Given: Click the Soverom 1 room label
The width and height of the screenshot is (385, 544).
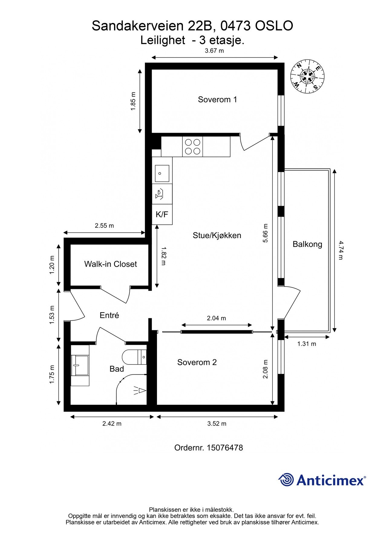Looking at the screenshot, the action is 217,99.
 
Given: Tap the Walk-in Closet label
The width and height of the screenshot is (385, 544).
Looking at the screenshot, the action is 110,264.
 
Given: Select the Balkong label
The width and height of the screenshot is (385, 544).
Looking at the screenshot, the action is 307,244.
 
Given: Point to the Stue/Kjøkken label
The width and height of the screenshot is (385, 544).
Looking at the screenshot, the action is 217,235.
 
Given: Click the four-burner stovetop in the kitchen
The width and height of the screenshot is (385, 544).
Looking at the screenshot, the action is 192,147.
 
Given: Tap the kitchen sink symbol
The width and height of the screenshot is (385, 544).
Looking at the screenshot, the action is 162,173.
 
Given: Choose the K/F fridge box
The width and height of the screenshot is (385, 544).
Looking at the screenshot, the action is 162,215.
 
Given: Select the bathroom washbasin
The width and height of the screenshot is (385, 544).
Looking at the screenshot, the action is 80,365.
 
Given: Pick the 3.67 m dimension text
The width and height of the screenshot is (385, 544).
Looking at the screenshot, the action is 214,51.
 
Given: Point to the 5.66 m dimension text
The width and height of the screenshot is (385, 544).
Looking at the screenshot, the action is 266,233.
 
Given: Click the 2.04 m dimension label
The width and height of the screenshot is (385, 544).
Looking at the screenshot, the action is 216,318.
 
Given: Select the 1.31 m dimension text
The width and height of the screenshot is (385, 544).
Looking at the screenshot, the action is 307,344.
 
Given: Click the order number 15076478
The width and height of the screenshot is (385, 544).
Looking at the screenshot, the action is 225,448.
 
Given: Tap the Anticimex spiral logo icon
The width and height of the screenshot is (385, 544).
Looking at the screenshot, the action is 286,480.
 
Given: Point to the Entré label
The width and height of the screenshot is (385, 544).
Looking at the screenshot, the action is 109,315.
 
